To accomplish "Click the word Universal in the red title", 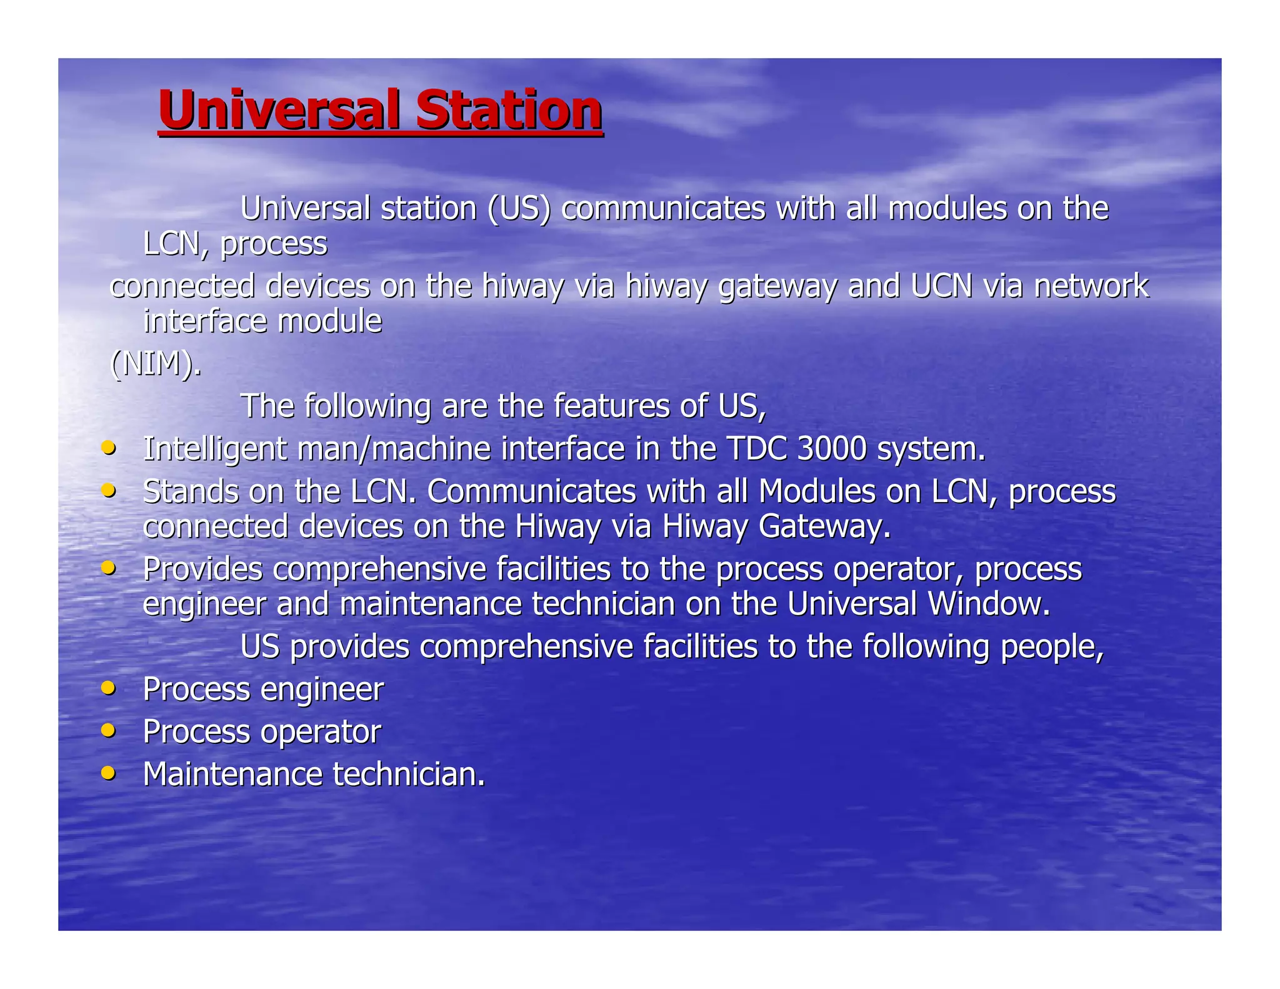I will [278, 110].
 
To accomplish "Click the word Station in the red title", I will [509, 110].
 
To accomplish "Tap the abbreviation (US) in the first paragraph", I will [519, 208].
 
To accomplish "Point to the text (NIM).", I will [156, 363].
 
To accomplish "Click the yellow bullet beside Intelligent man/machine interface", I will [109, 448].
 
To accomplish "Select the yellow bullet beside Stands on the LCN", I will [109, 490].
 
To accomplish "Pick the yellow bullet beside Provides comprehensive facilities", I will [109, 568].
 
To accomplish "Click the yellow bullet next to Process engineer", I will [109, 688].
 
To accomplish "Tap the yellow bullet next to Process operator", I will [109, 730].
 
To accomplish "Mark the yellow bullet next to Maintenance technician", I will [109, 773].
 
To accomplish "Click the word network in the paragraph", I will [1091, 286].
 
